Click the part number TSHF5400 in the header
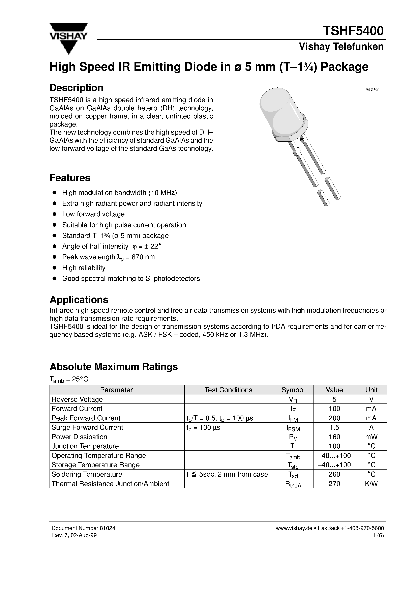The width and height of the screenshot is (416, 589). point(353,31)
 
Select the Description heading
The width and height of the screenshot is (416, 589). point(77,88)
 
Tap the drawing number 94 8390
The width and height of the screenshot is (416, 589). point(372,90)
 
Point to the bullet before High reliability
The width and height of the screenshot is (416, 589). point(54,268)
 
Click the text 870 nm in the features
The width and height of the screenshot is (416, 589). point(143,257)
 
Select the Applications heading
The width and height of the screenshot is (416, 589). point(79,299)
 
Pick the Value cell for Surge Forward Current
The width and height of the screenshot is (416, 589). point(334,427)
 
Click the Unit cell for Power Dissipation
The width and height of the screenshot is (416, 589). point(371,437)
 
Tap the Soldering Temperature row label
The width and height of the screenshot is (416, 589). point(87,474)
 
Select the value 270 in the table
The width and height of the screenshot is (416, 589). point(334,484)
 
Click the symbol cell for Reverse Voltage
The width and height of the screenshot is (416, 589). point(293,399)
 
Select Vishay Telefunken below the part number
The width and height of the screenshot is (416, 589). point(341,47)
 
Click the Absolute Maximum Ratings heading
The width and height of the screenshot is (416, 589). point(114,367)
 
